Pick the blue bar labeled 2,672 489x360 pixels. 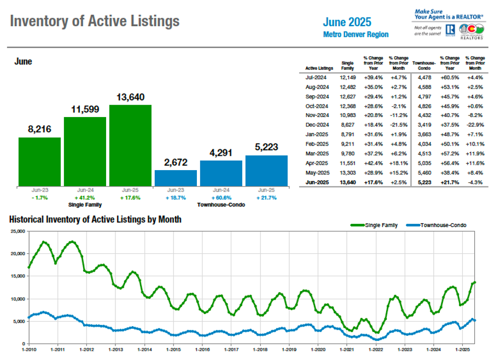(176, 178)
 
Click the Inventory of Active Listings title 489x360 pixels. (95, 21)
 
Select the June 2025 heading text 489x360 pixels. (347, 22)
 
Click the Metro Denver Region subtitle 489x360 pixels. (356, 34)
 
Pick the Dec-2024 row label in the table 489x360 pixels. (316, 125)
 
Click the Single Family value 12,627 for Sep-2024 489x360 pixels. (348, 96)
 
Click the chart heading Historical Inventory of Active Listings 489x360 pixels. (95, 219)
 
